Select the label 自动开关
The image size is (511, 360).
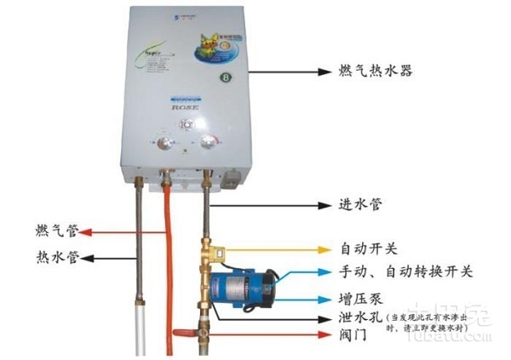[368, 250]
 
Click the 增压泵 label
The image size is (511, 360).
[361, 300]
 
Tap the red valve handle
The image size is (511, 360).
[185, 333]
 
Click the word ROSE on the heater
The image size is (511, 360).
[185, 109]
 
